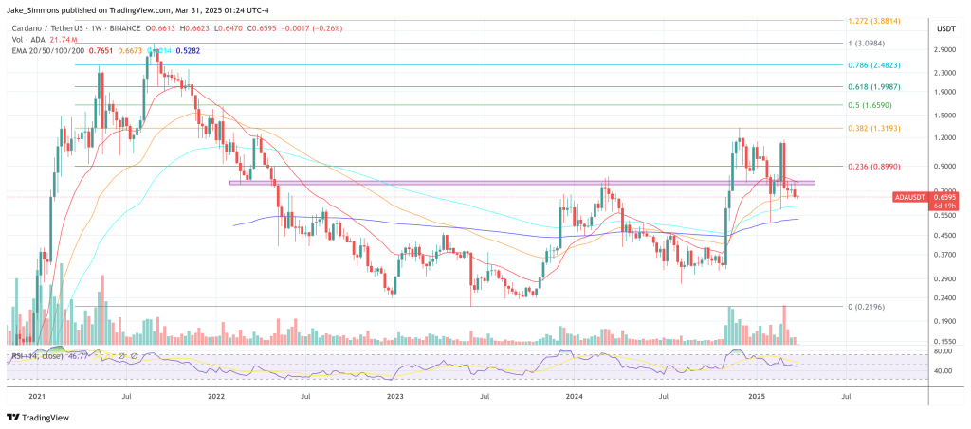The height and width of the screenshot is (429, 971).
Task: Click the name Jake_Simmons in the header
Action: (x=32, y=8)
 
